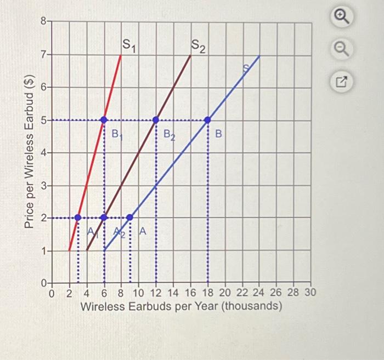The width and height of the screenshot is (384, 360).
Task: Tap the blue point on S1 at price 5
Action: coord(104,119)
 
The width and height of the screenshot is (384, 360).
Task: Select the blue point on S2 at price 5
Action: coord(156,119)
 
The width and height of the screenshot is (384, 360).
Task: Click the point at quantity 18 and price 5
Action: coord(207,119)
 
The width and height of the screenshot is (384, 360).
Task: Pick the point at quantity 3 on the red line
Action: coord(78,218)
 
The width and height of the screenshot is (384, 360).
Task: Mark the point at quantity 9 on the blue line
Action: coord(130,218)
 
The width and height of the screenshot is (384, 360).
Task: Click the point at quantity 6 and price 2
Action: coord(104,218)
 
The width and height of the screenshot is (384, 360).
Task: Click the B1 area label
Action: coord(117,133)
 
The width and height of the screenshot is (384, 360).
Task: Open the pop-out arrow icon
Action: coord(341,83)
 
